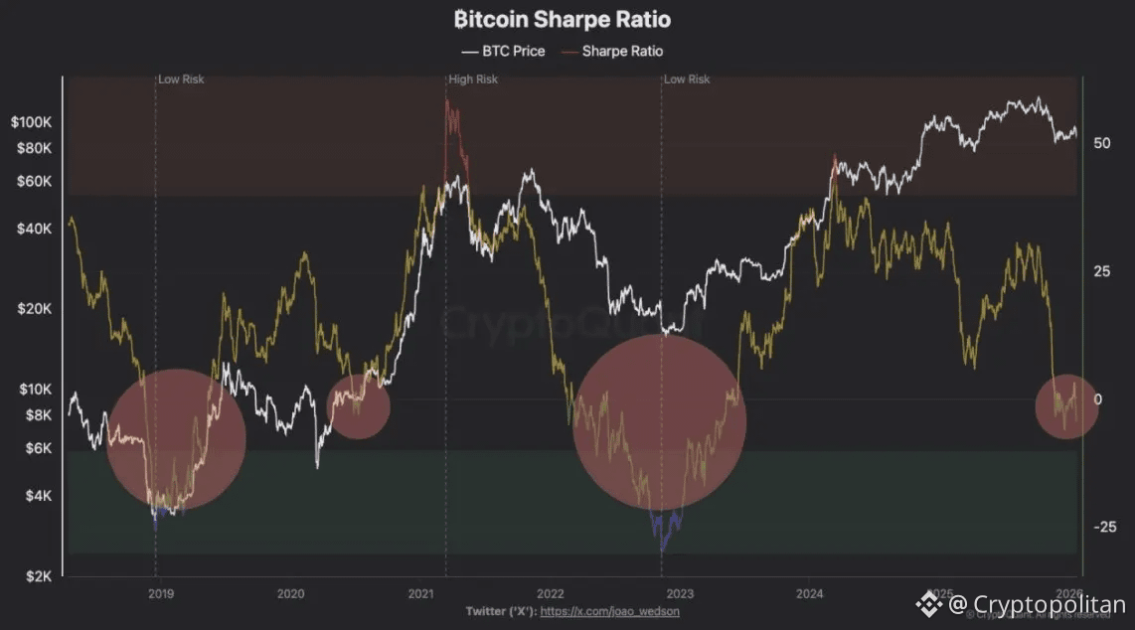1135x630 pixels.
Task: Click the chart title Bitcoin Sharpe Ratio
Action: (562, 19)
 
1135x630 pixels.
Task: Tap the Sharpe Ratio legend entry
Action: (612, 51)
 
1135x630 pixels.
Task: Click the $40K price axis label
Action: (35, 229)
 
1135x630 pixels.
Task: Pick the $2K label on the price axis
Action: (39, 576)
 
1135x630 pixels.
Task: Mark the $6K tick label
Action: (39, 448)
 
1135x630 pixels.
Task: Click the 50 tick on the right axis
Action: (1101, 143)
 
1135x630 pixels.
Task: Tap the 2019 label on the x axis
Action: (161, 594)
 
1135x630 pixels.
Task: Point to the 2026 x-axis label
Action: (1068, 594)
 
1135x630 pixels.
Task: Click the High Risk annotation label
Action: (473, 79)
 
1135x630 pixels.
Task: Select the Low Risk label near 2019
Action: (181, 79)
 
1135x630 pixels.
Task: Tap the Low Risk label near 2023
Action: (687, 79)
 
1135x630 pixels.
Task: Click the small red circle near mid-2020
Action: (358, 405)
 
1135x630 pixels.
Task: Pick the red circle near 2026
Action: (1067, 406)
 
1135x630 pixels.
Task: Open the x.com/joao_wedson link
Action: (610, 611)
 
